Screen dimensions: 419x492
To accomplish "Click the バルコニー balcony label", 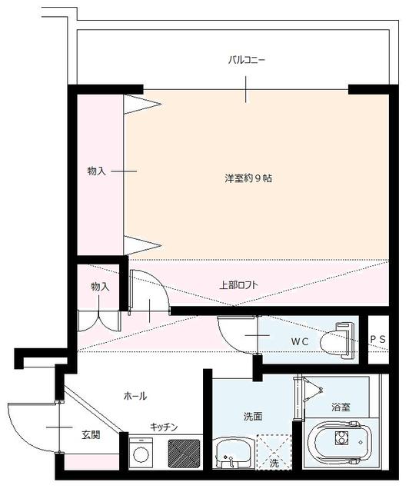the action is (246, 60).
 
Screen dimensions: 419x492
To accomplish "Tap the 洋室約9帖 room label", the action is (248, 178).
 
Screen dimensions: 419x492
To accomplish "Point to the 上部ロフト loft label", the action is (238, 285).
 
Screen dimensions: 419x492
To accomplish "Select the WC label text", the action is (300, 341).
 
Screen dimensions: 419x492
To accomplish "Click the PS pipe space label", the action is (378, 339).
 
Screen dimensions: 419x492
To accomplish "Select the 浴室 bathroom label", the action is (341, 407).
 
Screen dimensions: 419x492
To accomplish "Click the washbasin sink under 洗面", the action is (233, 453).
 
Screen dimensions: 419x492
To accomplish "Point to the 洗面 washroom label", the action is (253, 417).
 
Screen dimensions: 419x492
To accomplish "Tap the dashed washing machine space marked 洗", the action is (274, 452).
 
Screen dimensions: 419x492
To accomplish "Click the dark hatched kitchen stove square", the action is (184, 453).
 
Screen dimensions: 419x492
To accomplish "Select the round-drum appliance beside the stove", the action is (141, 453).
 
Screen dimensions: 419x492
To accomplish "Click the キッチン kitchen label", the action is (164, 427).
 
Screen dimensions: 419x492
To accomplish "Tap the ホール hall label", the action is (135, 396).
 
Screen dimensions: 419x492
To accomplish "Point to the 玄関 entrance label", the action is (91, 434).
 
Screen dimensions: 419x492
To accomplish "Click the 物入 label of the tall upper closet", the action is (96, 171).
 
